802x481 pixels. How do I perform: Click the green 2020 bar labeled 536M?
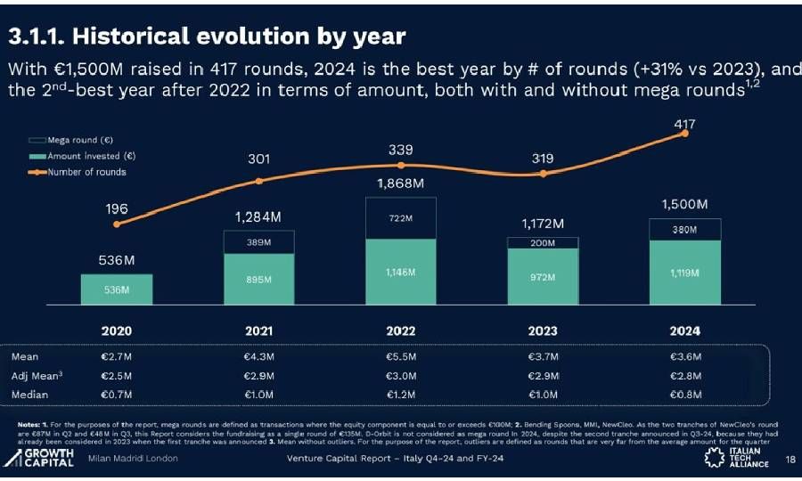tap(117, 289)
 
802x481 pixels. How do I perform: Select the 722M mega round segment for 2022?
tap(401, 218)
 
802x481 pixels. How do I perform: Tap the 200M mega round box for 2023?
tap(543, 242)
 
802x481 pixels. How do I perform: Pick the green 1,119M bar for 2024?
tap(684, 273)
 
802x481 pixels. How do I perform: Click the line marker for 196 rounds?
tap(117, 224)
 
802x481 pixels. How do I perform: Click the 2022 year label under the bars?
tap(401, 330)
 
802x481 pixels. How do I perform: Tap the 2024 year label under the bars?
tap(684, 330)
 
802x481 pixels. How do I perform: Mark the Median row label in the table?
tap(29, 394)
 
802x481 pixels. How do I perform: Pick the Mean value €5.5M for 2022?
tap(401, 356)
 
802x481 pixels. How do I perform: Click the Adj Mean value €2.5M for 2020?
tap(117, 375)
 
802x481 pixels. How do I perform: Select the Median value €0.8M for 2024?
tap(684, 394)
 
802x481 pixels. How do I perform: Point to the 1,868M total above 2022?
tap(401, 183)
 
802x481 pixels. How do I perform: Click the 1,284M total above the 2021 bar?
tap(258, 216)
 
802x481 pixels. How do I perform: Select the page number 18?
tap(790, 460)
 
